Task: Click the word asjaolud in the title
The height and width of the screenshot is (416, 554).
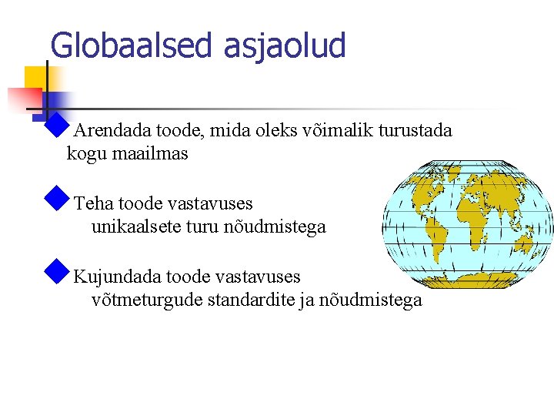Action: pos(285,45)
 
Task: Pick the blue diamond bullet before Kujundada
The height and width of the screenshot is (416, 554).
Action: pos(57,272)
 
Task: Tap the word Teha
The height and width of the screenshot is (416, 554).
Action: pos(93,204)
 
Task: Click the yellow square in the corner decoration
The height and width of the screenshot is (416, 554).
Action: pos(34,78)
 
